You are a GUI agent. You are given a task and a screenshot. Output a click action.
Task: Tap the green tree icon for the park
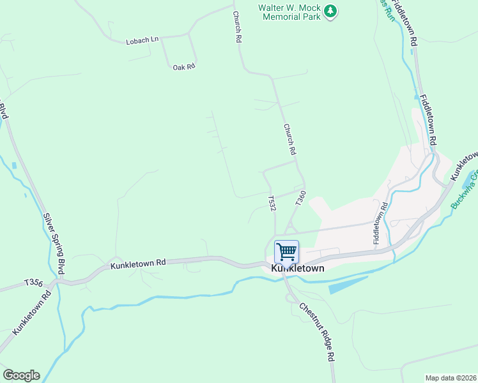pos(330,11)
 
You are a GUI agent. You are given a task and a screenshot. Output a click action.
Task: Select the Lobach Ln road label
pos(142,40)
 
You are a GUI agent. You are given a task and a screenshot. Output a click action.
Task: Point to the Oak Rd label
pos(183,66)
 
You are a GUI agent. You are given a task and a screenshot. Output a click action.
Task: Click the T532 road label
pos(272,203)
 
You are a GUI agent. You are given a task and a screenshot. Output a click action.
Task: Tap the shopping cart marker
pos(287,251)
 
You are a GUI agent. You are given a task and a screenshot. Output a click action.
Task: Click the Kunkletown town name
pos(297,269)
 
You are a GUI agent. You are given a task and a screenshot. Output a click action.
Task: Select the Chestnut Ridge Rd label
pos(318,331)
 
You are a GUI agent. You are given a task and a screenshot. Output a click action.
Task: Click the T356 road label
pos(33,282)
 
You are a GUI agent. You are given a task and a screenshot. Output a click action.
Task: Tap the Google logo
pos(21,375)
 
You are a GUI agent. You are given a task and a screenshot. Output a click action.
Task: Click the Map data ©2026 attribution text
pos(450,378)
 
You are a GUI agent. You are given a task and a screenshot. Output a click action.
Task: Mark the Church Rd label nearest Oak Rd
pos(237,27)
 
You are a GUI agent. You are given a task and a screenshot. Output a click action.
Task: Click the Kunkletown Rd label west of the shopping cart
pos(138,263)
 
